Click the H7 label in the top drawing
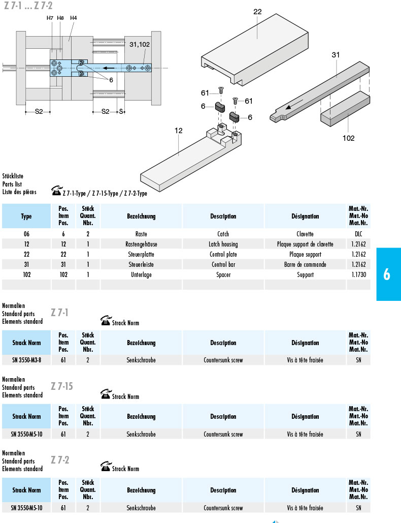pyautogui.click(x=50, y=18)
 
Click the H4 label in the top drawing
pyautogui.click(x=74, y=18)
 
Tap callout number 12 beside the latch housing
pyautogui.click(x=178, y=131)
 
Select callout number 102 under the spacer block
pyautogui.click(x=348, y=138)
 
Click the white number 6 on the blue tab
pyautogui.click(x=386, y=274)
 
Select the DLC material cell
pyautogui.click(x=358, y=234)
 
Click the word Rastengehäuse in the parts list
pyautogui.click(x=141, y=244)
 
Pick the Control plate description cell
pyautogui.click(x=223, y=254)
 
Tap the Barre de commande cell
pyautogui.click(x=305, y=264)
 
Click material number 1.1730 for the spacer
pyautogui.click(x=358, y=274)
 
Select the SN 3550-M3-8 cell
pyautogui.click(x=26, y=360)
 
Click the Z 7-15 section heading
pyautogui.click(x=62, y=386)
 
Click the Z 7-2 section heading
pyautogui.click(x=60, y=460)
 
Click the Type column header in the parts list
pyautogui.click(x=26, y=216)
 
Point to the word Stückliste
pyautogui.click(x=13, y=176)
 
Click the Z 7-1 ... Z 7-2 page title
pyautogui.click(x=28, y=6)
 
